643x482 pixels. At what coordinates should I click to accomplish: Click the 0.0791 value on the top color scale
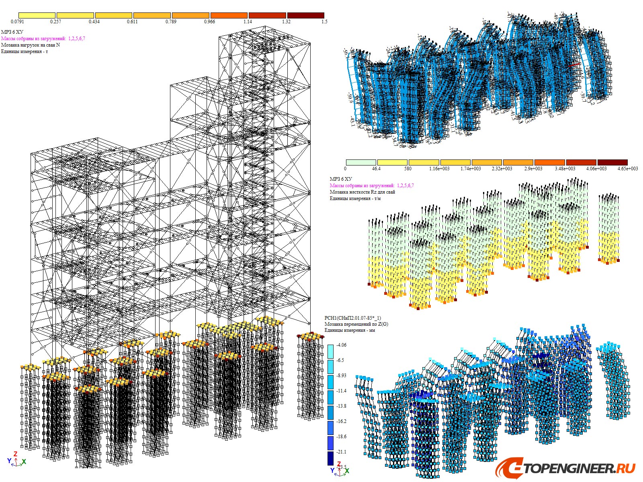click(17, 22)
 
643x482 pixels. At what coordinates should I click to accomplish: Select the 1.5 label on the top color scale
click(324, 22)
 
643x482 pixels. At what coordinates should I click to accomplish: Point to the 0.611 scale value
click(132, 22)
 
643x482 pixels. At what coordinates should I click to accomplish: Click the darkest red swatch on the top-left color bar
click(305, 15)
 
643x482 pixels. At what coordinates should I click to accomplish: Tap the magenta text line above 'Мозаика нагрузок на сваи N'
click(43, 39)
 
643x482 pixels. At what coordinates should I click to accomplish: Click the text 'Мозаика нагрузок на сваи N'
click(31, 45)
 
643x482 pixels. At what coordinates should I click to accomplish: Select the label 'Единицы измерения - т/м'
click(355, 198)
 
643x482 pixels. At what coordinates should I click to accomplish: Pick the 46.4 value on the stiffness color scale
click(376, 169)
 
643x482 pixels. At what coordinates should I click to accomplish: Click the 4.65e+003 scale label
click(627, 169)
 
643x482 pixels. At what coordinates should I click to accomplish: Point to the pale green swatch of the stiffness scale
click(361, 162)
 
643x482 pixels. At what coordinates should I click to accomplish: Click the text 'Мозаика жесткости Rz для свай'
click(362, 192)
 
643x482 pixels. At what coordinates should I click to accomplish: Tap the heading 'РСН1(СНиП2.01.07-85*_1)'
click(352, 318)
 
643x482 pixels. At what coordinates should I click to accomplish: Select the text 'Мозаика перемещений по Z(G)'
click(356, 324)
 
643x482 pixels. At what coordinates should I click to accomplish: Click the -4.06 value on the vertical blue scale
click(341, 345)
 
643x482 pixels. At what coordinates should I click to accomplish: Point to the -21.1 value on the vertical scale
click(341, 452)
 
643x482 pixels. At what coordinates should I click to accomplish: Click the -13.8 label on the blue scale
click(341, 406)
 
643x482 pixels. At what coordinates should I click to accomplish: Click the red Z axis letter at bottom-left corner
click(15, 454)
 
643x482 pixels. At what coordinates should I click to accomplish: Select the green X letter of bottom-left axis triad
click(24, 462)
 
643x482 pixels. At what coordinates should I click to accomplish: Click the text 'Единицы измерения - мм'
click(350, 330)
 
